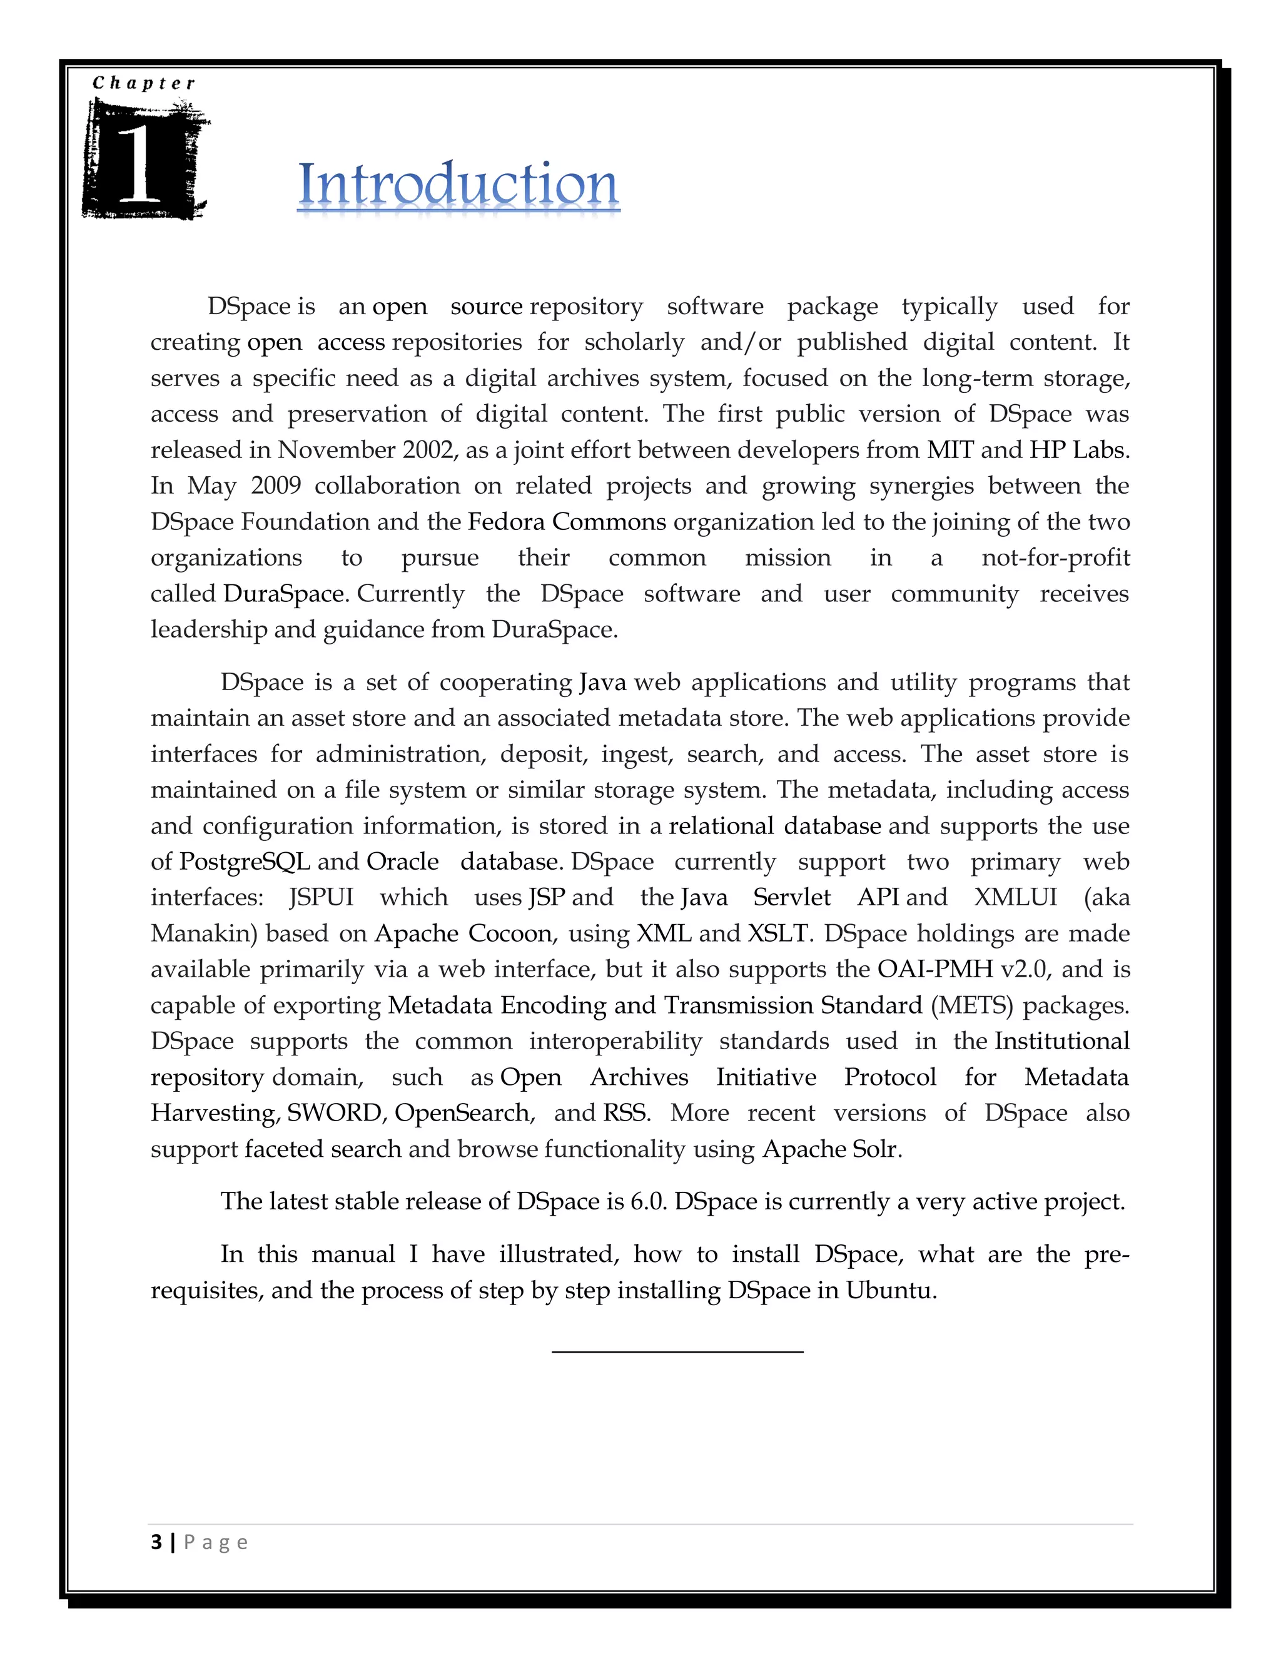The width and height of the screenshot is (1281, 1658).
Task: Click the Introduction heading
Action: coord(458,185)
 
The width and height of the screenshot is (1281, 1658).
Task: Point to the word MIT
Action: coord(950,450)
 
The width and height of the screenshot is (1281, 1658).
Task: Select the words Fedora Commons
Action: coord(567,522)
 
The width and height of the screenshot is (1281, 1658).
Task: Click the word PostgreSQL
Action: coord(245,862)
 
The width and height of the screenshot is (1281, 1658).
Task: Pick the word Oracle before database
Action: coord(403,862)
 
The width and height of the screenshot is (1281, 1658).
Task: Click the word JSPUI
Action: coord(322,897)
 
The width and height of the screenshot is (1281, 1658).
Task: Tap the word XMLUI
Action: coord(1015,897)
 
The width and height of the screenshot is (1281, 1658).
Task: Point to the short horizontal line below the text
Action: coord(677,1351)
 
